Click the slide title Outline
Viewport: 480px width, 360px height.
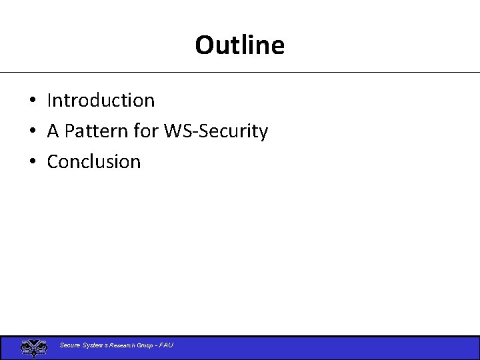coord(239,45)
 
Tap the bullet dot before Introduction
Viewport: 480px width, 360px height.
coord(32,101)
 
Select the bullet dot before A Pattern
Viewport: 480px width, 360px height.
coord(32,132)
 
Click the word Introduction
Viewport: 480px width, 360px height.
coord(101,101)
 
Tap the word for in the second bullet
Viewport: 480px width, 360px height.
coord(145,131)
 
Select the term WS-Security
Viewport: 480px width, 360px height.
coord(215,131)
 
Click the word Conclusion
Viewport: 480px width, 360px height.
coord(94,162)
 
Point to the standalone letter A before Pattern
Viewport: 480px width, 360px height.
coord(53,131)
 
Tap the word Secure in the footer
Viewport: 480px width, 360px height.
coord(70,345)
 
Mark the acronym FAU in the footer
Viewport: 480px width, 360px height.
coord(165,345)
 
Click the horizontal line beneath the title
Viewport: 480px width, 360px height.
coord(240,72)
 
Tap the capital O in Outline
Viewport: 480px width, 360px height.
coord(204,45)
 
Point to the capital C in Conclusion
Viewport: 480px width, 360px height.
coord(53,162)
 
